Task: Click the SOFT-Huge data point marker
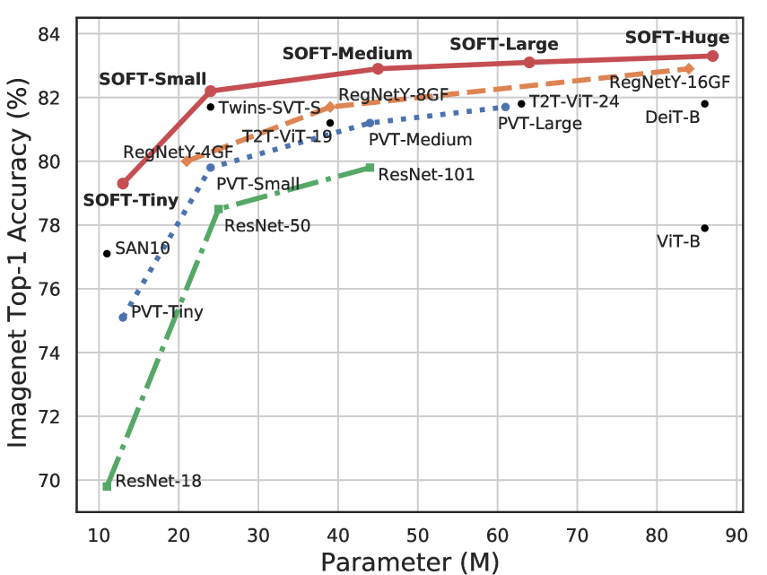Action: pyautogui.click(x=713, y=56)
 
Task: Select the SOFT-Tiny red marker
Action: pyautogui.click(x=123, y=183)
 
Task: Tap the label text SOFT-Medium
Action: pyautogui.click(x=347, y=53)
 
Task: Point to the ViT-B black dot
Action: pyautogui.click(x=705, y=228)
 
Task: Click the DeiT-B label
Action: pyautogui.click(x=672, y=117)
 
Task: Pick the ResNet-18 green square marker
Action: pyautogui.click(x=107, y=486)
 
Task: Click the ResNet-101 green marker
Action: pyautogui.click(x=370, y=168)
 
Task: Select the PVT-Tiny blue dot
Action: pyautogui.click(x=123, y=317)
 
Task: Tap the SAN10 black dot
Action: pyautogui.click(x=107, y=254)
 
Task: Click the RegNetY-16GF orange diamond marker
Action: pyautogui.click(x=689, y=68)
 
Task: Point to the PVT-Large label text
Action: pyautogui.click(x=539, y=124)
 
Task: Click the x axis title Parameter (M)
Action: pyautogui.click(x=409, y=562)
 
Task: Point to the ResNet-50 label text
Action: pyautogui.click(x=267, y=225)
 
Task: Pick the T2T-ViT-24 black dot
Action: pyautogui.click(x=521, y=104)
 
